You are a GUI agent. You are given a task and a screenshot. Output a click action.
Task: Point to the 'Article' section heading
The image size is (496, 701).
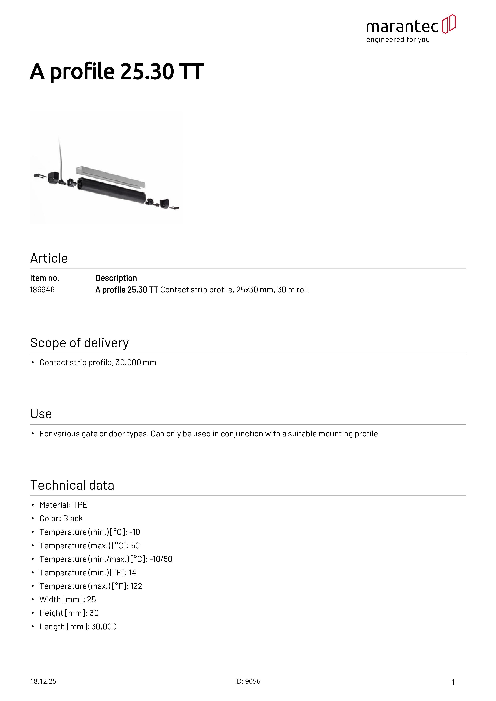[x=49, y=258]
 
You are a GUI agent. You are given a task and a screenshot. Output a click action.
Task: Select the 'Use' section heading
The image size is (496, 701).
[x=41, y=414]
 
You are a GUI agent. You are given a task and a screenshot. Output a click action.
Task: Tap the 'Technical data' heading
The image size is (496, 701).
[x=72, y=485]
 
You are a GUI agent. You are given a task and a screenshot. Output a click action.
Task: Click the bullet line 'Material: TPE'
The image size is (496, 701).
[x=63, y=505]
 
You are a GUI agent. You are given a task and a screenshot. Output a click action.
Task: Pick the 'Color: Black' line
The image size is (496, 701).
[x=61, y=518]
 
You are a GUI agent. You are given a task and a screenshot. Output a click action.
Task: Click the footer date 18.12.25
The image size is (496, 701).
[x=43, y=681]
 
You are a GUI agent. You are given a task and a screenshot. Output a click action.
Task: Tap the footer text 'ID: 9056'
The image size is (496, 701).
[x=248, y=681]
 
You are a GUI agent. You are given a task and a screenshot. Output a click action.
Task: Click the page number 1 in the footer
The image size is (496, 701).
[x=453, y=682]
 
